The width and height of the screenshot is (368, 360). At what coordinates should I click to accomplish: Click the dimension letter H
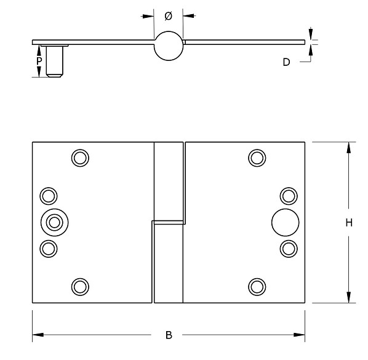pyautogui.click(x=348, y=223)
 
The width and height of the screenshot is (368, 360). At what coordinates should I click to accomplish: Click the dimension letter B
pyautogui.click(x=169, y=335)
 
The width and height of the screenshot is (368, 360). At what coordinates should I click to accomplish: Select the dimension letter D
pyautogui.click(x=286, y=62)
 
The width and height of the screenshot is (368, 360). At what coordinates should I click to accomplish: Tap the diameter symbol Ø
pyautogui.click(x=169, y=15)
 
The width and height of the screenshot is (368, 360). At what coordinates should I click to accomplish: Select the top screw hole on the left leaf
pyautogui.click(x=79, y=158)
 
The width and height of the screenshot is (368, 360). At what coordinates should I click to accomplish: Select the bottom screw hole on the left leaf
pyautogui.click(x=79, y=286)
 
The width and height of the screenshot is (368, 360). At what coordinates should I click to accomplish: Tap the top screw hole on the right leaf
pyautogui.click(x=257, y=158)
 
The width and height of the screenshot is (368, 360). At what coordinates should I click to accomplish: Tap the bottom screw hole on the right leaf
pyautogui.click(x=257, y=286)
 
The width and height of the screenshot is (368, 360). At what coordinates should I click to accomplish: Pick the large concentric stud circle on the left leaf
pyautogui.click(x=55, y=222)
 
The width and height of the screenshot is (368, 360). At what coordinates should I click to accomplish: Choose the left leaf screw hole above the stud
pyautogui.click(x=48, y=196)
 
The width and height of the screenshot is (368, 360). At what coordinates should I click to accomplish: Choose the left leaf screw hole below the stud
pyautogui.click(x=48, y=248)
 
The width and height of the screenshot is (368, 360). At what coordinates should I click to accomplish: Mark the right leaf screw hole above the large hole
pyautogui.click(x=288, y=196)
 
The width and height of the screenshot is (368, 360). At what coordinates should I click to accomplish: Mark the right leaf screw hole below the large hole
pyautogui.click(x=288, y=248)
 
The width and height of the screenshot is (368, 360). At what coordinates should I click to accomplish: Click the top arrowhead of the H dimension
pyautogui.click(x=349, y=147)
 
